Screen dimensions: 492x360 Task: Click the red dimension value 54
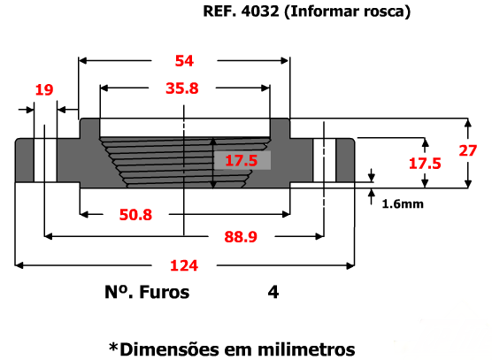click(x=184, y=61)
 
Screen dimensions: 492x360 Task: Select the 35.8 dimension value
click(x=182, y=88)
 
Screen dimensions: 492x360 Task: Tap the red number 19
click(x=44, y=90)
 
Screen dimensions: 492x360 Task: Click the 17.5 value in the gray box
click(x=242, y=161)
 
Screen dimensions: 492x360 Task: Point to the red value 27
click(x=468, y=151)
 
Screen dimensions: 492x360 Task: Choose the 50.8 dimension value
click(x=135, y=215)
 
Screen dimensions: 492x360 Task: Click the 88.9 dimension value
click(x=241, y=236)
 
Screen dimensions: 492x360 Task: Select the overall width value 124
click(x=184, y=265)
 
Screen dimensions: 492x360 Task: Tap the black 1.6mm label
click(x=403, y=204)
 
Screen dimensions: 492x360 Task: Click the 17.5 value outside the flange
click(x=425, y=164)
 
